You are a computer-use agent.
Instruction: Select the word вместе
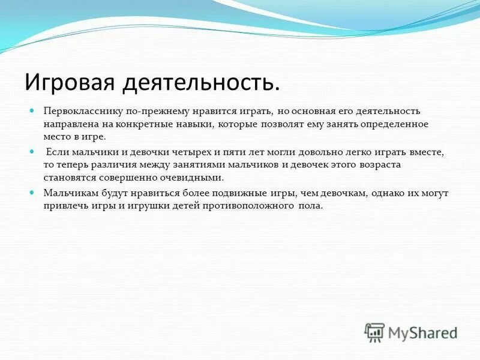point(428,152)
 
